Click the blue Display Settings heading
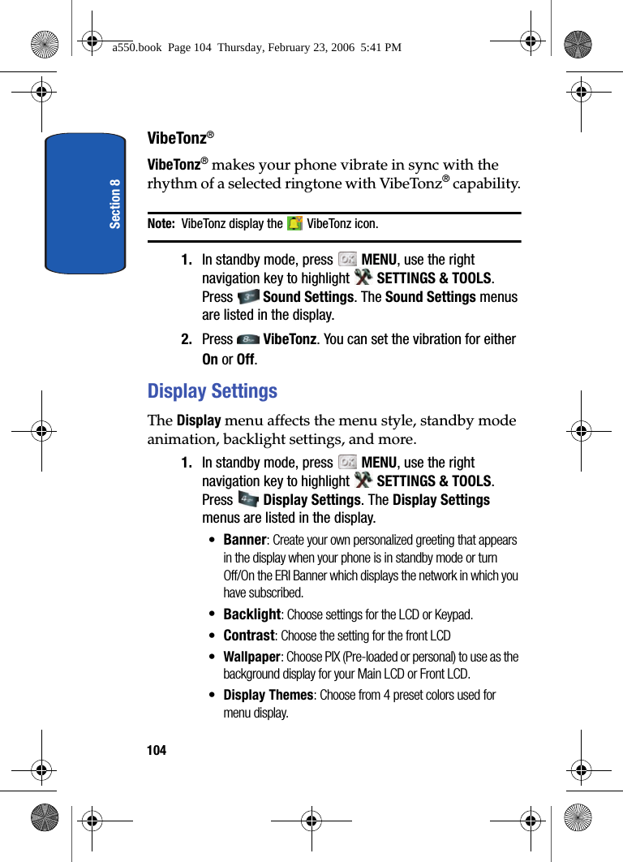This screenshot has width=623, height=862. click(212, 391)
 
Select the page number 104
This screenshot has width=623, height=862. click(157, 750)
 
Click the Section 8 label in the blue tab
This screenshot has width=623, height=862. click(115, 204)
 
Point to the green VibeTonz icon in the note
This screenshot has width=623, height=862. click(294, 223)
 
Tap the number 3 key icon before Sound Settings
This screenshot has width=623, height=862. click(249, 297)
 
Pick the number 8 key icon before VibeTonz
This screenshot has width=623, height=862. click(249, 339)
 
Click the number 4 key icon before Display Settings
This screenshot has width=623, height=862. click(249, 500)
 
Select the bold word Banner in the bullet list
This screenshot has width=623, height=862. click(244, 540)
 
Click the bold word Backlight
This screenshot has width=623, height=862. click(251, 614)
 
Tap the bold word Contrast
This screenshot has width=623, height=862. click(249, 636)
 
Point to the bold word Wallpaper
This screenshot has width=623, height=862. click(252, 657)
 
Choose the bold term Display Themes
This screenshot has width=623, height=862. click(268, 695)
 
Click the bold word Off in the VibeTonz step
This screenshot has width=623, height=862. click(246, 360)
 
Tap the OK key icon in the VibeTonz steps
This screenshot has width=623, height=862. click(347, 260)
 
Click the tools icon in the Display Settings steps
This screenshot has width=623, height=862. click(363, 481)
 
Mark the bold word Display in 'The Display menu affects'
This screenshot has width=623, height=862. click(199, 420)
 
